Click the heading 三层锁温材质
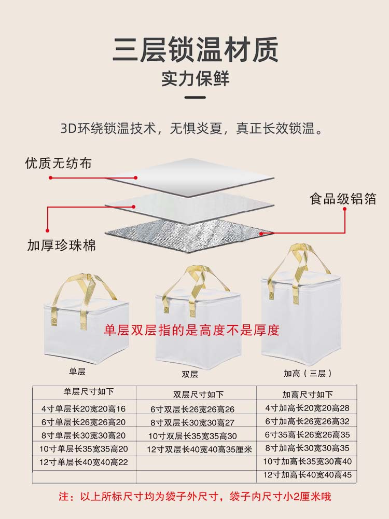(195, 51)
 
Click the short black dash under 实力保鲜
(195, 97)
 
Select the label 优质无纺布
(58, 163)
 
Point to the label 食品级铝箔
(342, 199)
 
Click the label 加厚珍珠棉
(61, 245)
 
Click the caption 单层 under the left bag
(76, 372)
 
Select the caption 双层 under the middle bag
(189, 374)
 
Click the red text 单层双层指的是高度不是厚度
(192, 330)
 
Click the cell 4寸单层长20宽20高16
(83, 408)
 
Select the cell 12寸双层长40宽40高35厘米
(199, 449)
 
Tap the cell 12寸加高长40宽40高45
(308, 474)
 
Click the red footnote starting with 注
(195, 497)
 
